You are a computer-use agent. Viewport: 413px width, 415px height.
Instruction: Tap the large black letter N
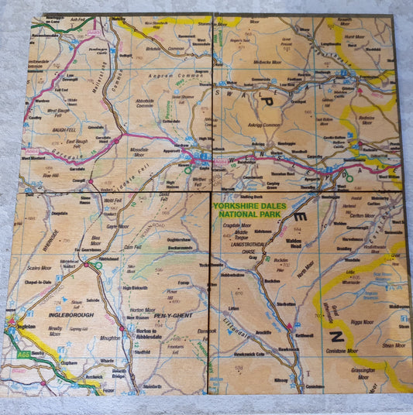point(336,335)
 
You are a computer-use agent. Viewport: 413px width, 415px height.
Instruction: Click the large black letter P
point(269,101)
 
